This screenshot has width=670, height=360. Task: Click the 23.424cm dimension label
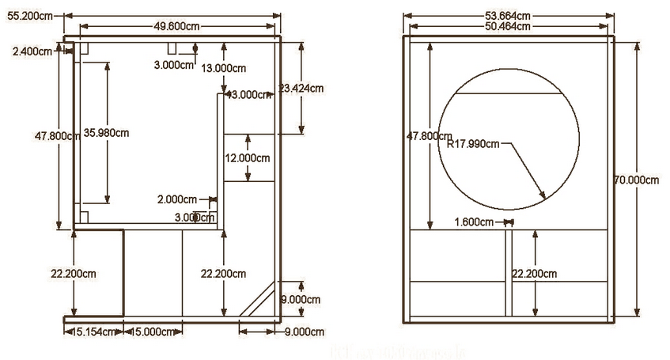(303, 88)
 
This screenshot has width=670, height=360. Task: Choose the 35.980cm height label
(105, 132)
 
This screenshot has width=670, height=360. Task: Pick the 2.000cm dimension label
(177, 199)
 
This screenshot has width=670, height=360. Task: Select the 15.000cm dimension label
(152, 332)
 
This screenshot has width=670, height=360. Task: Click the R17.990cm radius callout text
(473, 144)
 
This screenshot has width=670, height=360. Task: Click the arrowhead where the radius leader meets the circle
(544, 196)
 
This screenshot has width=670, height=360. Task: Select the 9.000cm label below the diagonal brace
(303, 331)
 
